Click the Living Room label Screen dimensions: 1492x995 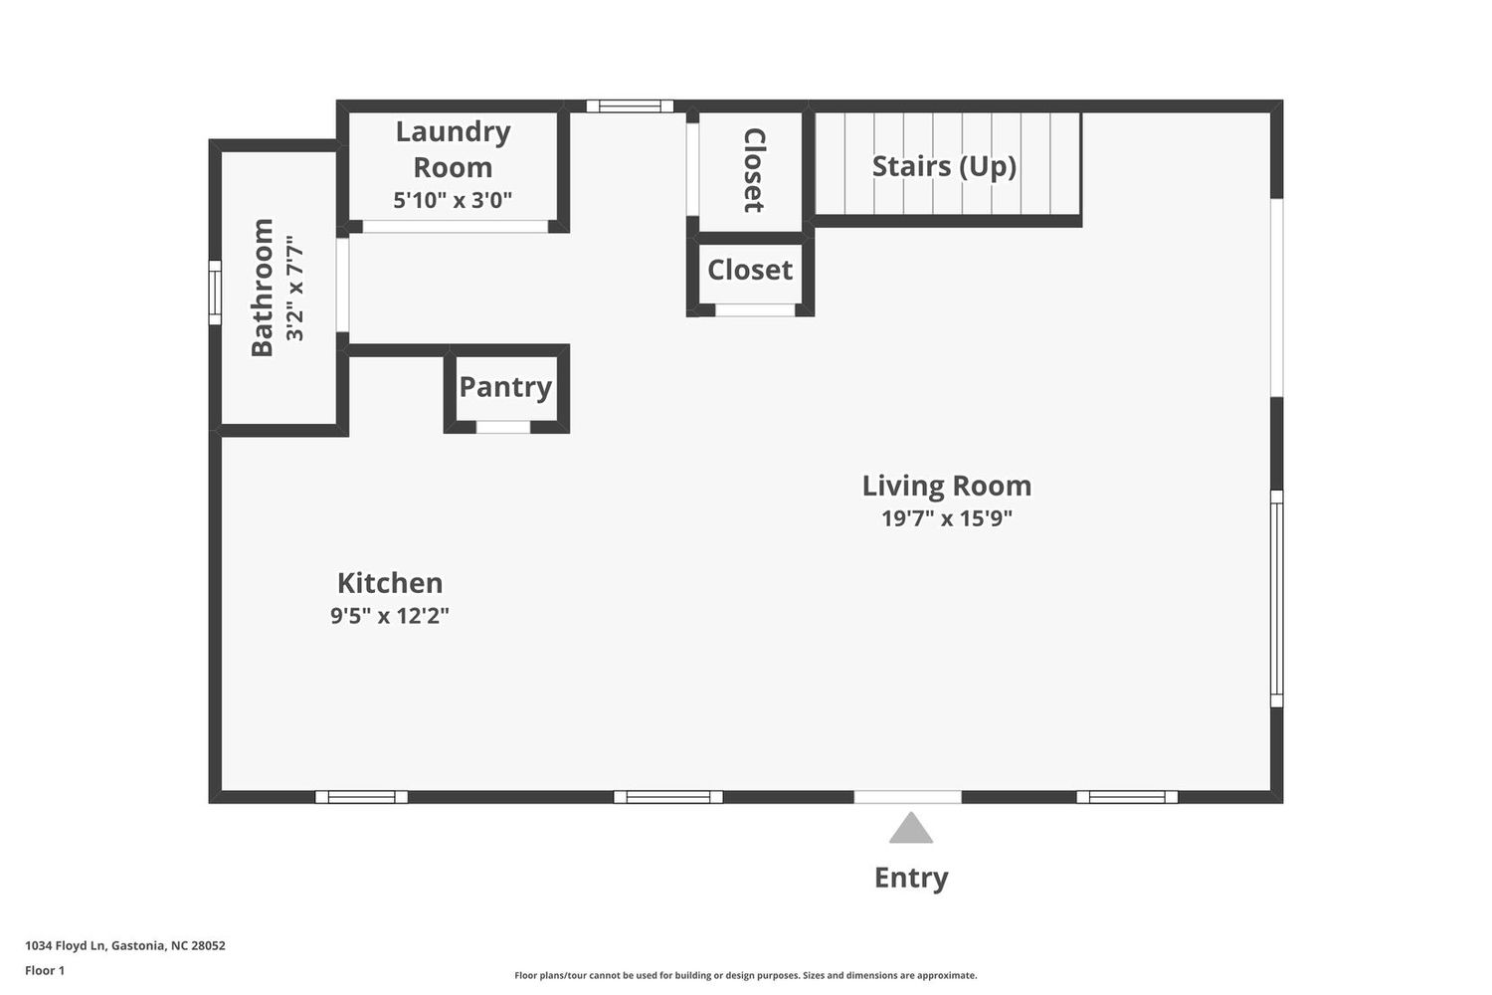pyautogui.click(x=947, y=486)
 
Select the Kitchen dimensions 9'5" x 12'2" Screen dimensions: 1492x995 pyautogui.click(x=390, y=615)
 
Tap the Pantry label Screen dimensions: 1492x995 pyautogui.click(x=505, y=387)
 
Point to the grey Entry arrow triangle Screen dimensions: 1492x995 pyautogui.click(x=910, y=828)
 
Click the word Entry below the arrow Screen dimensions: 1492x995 pyautogui.click(x=910, y=878)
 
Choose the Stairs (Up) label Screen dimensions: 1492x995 pyautogui.click(x=944, y=166)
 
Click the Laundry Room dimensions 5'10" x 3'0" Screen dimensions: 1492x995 pyautogui.click(x=453, y=200)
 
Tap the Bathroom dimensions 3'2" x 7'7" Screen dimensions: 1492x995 pyautogui.click(x=295, y=288)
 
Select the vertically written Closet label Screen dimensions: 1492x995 pyautogui.click(x=753, y=170)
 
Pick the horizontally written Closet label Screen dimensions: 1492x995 pyautogui.click(x=750, y=270)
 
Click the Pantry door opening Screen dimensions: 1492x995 pyautogui.click(x=503, y=427)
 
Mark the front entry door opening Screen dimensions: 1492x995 pyautogui.click(x=907, y=797)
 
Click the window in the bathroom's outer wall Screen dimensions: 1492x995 pyautogui.click(x=215, y=293)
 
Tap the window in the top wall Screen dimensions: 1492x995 pyautogui.click(x=630, y=105)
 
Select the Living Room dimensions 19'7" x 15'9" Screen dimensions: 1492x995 pyautogui.click(x=947, y=517)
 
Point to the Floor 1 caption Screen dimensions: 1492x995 pyautogui.click(x=45, y=970)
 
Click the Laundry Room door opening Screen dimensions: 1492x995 pyautogui.click(x=455, y=227)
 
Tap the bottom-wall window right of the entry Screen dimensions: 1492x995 pyautogui.click(x=1127, y=797)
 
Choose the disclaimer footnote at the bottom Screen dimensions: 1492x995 pyautogui.click(x=745, y=976)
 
